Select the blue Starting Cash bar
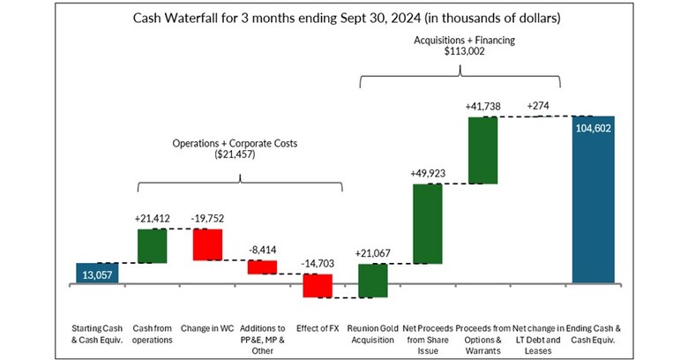pyautogui.click(x=97, y=274)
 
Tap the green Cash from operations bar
pyautogui.click(x=152, y=245)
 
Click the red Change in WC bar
pyautogui.click(x=206, y=244)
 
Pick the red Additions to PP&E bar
pyautogui.click(x=262, y=266)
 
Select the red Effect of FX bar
pyautogui.click(x=317, y=285)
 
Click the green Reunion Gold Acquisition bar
pyautogui.click(x=372, y=281)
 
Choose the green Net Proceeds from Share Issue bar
pyautogui.click(x=427, y=223)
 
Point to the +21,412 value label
pyautogui.click(x=152, y=217)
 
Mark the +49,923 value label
pyautogui.click(x=427, y=173)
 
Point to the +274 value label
pyautogui.click(x=537, y=105)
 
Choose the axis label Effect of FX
pyautogui.click(x=317, y=326)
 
